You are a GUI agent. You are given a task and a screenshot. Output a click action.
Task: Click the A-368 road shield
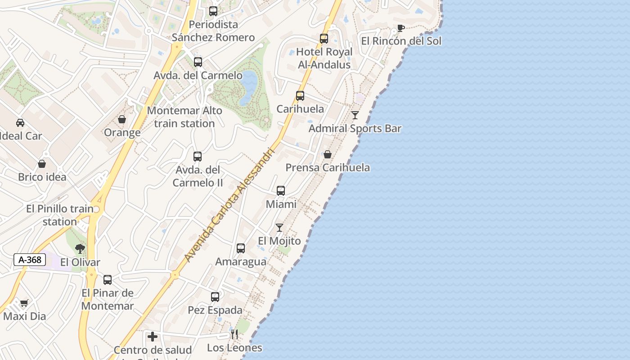click(x=30, y=260)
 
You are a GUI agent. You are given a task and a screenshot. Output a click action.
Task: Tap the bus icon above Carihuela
click(x=300, y=96)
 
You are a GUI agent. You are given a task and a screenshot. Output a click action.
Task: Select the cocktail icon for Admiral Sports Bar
click(x=355, y=115)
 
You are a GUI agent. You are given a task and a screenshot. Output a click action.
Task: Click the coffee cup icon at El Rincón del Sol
click(x=400, y=28)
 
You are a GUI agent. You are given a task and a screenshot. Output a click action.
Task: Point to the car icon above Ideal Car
click(x=20, y=123)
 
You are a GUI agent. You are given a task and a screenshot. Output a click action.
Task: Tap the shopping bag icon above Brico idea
click(x=42, y=164)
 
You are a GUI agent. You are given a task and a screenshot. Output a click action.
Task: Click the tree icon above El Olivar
click(x=80, y=249)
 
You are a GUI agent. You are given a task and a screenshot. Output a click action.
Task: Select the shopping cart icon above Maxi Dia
click(x=24, y=303)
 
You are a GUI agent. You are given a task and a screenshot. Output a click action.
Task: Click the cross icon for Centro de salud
click(x=153, y=336)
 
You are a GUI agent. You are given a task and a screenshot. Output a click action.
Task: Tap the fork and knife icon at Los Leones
click(x=234, y=334)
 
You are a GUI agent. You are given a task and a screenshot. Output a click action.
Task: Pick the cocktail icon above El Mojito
click(x=279, y=228)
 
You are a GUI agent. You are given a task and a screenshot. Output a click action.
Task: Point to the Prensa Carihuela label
click(x=328, y=168)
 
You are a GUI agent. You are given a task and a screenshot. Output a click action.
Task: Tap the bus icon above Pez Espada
click(x=215, y=297)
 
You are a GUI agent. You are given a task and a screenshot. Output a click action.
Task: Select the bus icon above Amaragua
click(x=241, y=248)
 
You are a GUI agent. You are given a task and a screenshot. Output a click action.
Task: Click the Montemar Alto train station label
click(x=184, y=117)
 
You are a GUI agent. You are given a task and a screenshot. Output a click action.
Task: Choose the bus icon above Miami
click(x=281, y=191)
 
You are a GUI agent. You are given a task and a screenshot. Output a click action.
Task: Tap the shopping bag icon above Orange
click(x=122, y=120)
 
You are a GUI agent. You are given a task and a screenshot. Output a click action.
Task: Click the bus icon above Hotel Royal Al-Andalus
click(x=324, y=39)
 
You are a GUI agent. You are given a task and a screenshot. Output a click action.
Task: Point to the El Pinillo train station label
click(x=59, y=215)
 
